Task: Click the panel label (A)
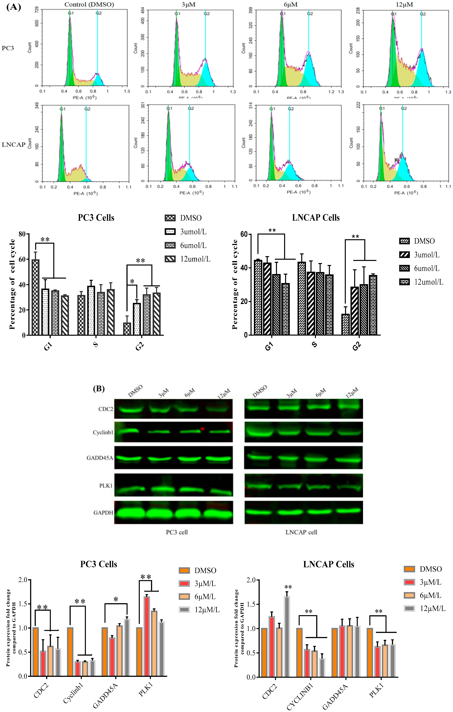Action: (x=13, y=7)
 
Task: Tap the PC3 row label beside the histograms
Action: (x=8, y=48)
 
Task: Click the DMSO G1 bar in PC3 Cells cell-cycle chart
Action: (x=36, y=297)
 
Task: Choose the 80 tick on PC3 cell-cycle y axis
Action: (x=22, y=234)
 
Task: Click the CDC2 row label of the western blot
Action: (x=106, y=409)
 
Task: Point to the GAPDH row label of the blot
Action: (x=103, y=512)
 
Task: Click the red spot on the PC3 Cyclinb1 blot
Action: (x=203, y=429)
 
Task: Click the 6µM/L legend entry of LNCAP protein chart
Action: (x=424, y=595)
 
